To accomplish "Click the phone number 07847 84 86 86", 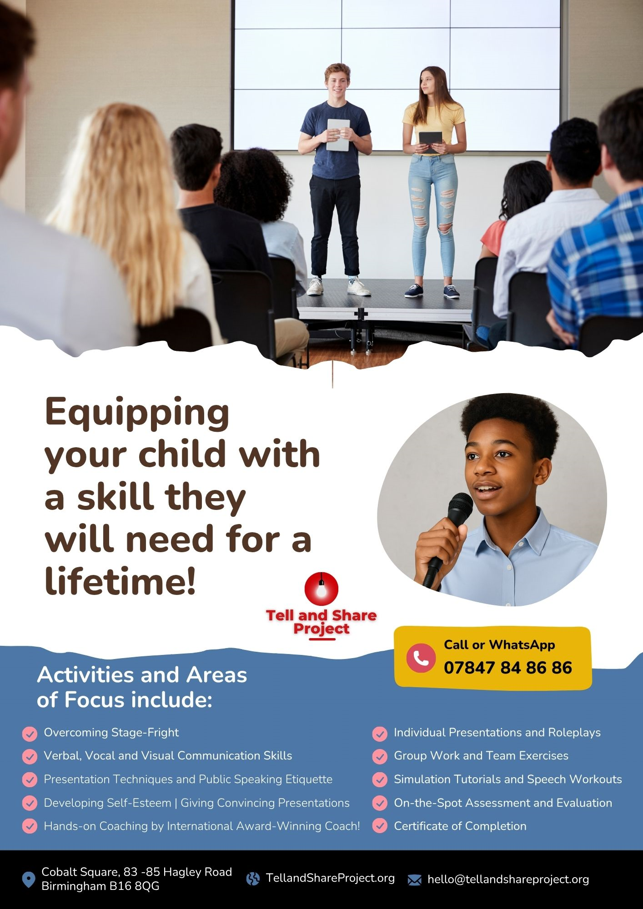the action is tap(508, 668).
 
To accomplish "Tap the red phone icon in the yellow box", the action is tap(421, 658).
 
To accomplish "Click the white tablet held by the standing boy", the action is tap(338, 135).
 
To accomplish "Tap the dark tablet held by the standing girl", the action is tap(430, 141).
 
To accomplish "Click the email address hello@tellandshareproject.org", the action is tap(508, 879).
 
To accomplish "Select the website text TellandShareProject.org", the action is tap(330, 878).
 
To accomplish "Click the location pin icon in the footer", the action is tap(29, 879).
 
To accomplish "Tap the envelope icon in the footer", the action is tap(414, 880).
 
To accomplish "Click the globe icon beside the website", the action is tap(253, 879).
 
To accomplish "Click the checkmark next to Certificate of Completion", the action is tap(380, 826).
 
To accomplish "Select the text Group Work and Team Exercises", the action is tap(481, 756).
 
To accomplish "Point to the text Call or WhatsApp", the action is tap(499, 644).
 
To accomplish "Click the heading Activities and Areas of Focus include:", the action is tap(142, 687).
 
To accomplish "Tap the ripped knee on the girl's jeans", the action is tap(445, 225).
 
